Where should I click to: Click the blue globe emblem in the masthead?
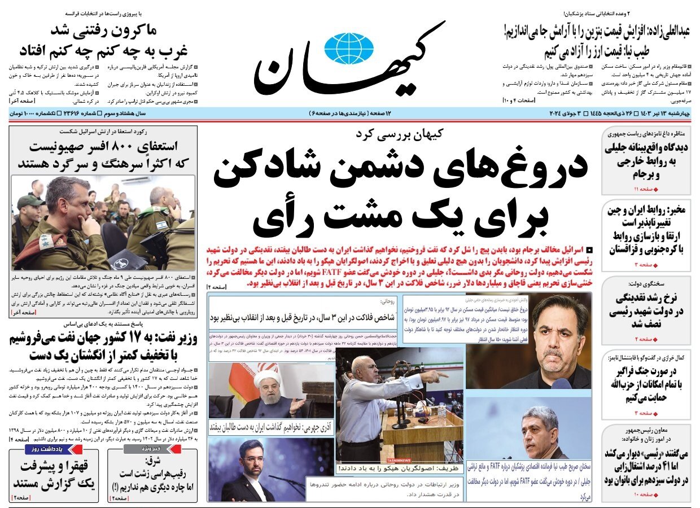click(349, 48)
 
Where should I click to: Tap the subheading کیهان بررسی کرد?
click(400, 134)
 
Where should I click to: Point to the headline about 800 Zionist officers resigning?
click(103, 155)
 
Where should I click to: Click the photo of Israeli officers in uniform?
click(103, 223)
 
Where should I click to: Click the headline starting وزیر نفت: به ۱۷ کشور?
click(103, 348)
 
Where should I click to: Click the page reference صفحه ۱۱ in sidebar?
click(644, 189)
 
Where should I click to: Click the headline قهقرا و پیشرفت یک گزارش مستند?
click(54, 475)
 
